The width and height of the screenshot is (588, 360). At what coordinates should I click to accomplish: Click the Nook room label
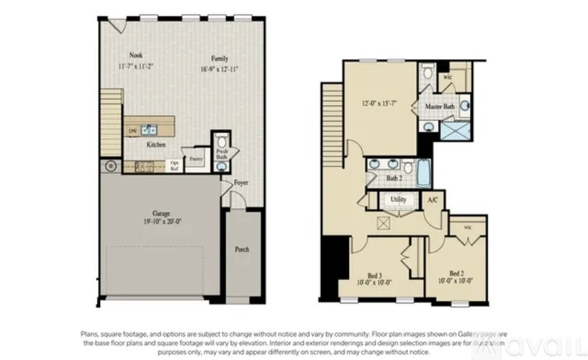click(135, 55)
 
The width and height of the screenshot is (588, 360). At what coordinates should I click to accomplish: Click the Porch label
click(243, 250)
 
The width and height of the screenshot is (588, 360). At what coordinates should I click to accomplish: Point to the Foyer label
click(241, 183)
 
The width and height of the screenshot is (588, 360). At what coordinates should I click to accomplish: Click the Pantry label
click(196, 158)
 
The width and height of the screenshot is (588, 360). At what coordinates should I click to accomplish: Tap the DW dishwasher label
click(132, 131)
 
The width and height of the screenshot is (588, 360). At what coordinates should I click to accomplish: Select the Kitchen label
click(156, 145)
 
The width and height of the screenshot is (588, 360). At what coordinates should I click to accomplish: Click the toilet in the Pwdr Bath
click(222, 140)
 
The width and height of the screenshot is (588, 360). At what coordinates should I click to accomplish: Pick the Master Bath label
click(438, 107)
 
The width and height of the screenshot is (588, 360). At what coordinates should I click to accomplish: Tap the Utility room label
click(397, 199)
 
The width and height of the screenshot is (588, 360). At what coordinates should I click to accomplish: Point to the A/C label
click(433, 199)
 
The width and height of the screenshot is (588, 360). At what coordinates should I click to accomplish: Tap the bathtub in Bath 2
click(424, 172)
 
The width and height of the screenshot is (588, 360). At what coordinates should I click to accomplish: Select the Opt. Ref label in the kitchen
click(174, 165)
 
